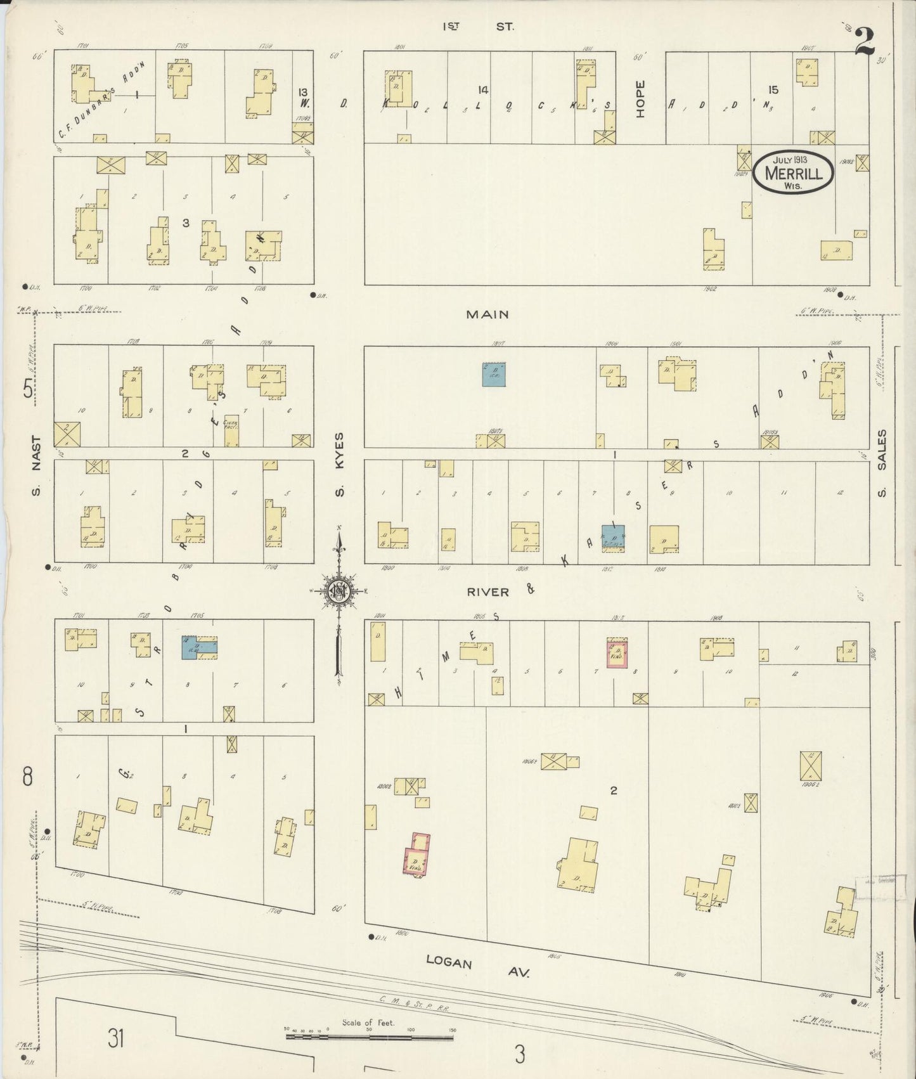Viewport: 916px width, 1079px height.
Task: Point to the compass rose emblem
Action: [x=340, y=591]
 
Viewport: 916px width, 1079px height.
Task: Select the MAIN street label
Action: [x=487, y=314]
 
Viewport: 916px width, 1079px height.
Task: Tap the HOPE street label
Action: [x=640, y=98]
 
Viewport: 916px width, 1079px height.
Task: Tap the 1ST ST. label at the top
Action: [x=479, y=27]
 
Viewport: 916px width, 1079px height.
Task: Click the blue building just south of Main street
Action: [x=494, y=375]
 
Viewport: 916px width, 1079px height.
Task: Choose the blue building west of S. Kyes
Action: [x=190, y=647]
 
